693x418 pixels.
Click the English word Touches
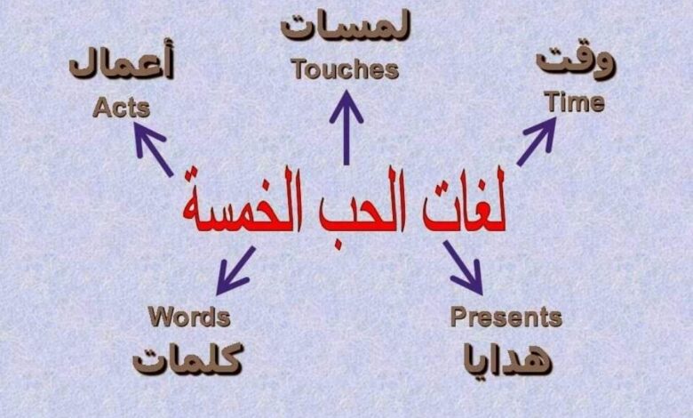tap(346, 70)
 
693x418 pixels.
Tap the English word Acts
tap(121, 108)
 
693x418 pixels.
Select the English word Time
tap(574, 101)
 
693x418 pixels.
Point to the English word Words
tap(189, 317)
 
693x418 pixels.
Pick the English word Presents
tap(506, 317)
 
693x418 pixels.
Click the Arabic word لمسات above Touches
tap(346, 28)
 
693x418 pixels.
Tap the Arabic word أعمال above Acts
tap(121, 62)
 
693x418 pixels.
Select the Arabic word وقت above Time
tap(576, 61)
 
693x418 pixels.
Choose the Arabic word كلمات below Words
tap(187, 358)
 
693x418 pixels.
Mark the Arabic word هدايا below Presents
tap(508, 358)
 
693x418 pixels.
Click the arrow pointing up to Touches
tap(346, 127)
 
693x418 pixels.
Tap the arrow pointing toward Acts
tap(154, 149)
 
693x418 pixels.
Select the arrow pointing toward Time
tap(537, 141)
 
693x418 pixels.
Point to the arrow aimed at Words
tap(235, 270)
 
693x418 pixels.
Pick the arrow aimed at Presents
tap(463, 268)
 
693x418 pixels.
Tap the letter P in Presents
tap(458, 317)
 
